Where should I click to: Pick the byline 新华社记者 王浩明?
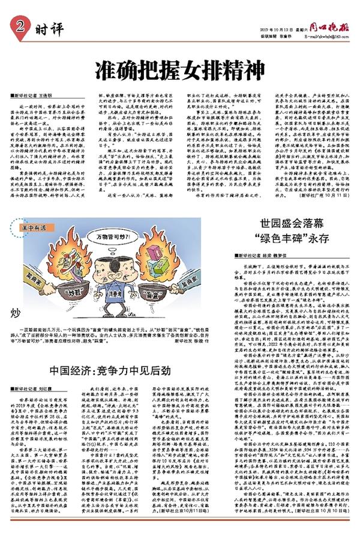click(x=34, y=96)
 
